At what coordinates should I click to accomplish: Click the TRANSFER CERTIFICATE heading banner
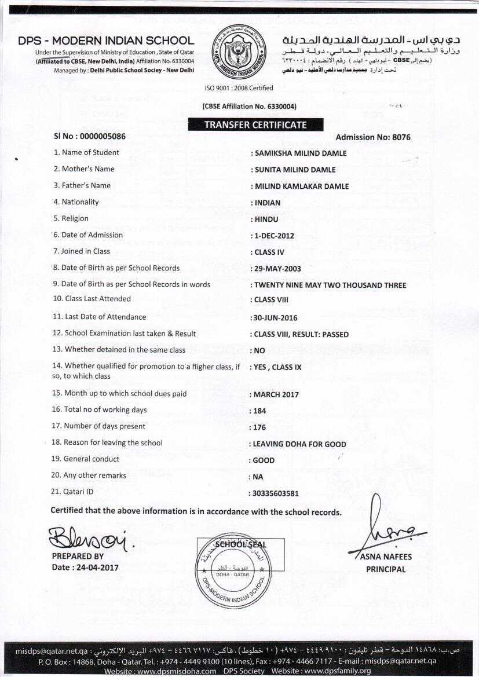coord(255,125)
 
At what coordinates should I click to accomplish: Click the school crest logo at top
coord(240,52)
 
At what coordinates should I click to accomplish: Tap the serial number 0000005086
coord(99,137)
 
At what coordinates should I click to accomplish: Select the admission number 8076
coord(401,137)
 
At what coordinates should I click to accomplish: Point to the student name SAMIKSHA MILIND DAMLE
coord(301,153)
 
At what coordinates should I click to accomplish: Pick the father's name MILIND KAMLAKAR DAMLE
coord(302,186)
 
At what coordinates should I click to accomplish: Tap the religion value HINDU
coord(266,219)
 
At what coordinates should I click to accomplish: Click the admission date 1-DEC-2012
coord(274,236)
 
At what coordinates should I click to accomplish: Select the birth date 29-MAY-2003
coord(277,269)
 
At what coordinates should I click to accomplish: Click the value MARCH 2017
coord(276,394)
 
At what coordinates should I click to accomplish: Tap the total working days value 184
coord(260,411)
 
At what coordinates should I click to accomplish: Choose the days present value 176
coord(260,427)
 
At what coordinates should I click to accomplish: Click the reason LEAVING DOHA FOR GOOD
coord(300,444)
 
